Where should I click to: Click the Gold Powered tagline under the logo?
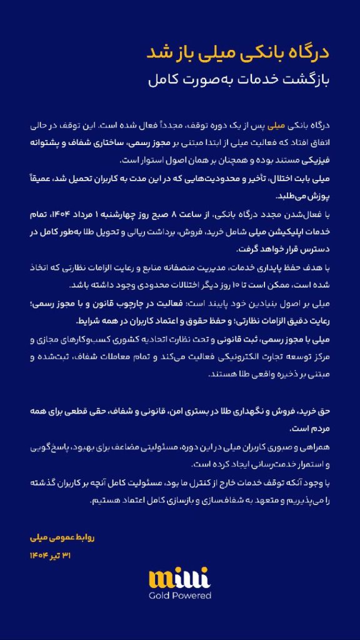click(x=180, y=596)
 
